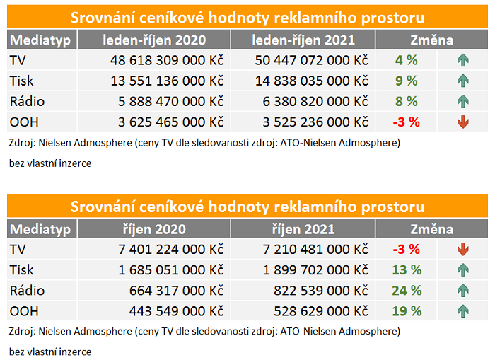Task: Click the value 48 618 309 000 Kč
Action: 166,60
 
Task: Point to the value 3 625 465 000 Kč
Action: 166,122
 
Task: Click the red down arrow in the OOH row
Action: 463,122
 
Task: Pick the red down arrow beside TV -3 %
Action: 463,249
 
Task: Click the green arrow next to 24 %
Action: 463,290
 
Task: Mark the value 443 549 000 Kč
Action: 176,310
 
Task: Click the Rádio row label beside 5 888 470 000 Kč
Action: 28,101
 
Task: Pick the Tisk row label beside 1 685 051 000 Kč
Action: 22,269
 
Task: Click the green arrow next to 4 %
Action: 463,60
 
